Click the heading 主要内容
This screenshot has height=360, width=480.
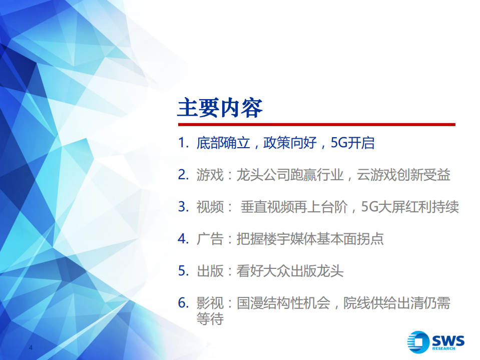(220, 108)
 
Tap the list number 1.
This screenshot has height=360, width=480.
(182, 143)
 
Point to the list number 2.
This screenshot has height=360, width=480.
(183, 175)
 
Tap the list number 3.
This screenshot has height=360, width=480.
(183, 207)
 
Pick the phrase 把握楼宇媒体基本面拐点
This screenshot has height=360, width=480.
(310, 239)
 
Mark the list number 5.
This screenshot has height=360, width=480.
(183, 271)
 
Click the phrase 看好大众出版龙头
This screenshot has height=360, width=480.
(290, 271)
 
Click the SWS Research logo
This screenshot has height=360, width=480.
(435, 342)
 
